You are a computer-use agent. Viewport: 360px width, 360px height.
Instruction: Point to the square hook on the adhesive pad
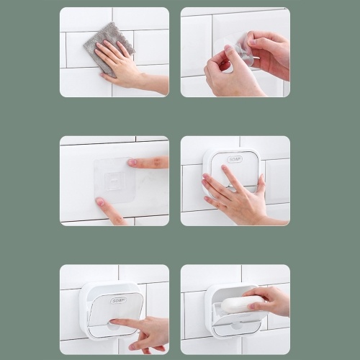114,180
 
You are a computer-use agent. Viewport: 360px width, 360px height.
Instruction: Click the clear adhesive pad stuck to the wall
114,181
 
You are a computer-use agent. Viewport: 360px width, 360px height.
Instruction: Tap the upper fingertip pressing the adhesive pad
132,163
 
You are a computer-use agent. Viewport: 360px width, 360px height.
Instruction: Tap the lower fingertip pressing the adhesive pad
101,202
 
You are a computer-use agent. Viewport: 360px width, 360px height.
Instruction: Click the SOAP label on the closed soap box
235,159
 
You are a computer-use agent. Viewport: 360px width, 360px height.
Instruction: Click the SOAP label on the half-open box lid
118,300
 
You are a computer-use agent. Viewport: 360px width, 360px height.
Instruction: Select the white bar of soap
243,305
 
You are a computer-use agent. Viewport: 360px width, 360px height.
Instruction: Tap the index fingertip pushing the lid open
112,321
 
